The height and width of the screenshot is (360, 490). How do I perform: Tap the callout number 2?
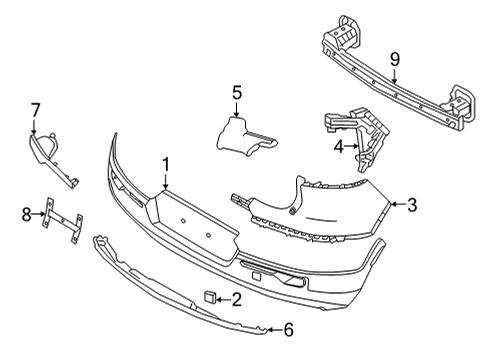pos(237,297)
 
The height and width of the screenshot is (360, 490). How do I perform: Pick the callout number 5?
pos(237,93)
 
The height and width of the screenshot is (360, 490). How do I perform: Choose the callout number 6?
pos(288,328)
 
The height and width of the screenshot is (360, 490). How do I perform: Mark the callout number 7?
pos(34,107)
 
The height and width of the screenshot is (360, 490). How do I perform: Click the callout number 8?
pos(27,212)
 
